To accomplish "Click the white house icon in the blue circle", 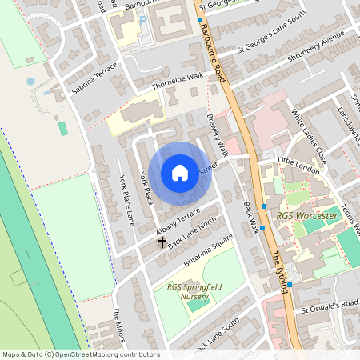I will (180, 172).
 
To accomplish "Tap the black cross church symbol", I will (162, 241).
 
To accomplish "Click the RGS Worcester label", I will (306, 216).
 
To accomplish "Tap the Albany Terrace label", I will (178, 225).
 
